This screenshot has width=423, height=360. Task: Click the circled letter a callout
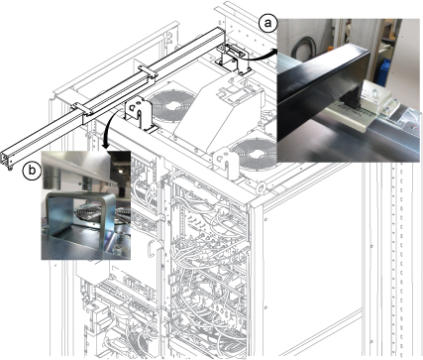tap(267, 24)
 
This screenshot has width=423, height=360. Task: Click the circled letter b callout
tap(32, 171)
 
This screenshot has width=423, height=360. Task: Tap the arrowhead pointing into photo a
tap(274, 51)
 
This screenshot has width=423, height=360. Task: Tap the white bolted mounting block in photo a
tap(376, 96)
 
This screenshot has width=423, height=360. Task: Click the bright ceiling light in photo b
tap(122, 172)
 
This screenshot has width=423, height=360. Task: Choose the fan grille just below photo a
tap(255, 155)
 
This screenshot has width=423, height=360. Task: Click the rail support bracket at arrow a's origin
tap(234, 60)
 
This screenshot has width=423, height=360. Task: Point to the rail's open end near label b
tap(7, 160)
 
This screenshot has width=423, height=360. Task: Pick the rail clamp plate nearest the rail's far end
tap(148, 71)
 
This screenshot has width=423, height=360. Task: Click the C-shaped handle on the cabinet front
tap(153, 248)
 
